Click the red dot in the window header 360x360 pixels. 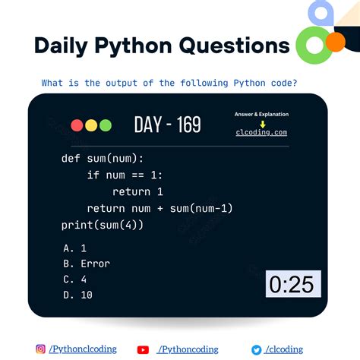[x=77, y=125]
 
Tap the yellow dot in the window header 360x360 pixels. [x=90, y=125]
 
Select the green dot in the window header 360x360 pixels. [x=105, y=125]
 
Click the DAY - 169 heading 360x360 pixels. [x=167, y=125]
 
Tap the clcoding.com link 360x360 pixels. [x=261, y=133]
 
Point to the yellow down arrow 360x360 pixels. [x=262, y=123]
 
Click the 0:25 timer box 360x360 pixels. [x=293, y=284]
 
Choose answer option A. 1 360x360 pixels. [x=75, y=248]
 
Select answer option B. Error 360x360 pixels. [x=87, y=264]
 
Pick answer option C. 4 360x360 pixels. [x=75, y=279]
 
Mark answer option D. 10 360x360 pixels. [x=78, y=295]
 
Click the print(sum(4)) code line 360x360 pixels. [x=102, y=225]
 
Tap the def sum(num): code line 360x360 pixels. [x=102, y=159]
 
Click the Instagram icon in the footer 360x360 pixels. [x=41, y=349]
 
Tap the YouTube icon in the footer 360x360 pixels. [x=143, y=349]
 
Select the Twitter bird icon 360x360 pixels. [x=257, y=349]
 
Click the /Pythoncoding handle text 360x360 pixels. [x=190, y=349]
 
